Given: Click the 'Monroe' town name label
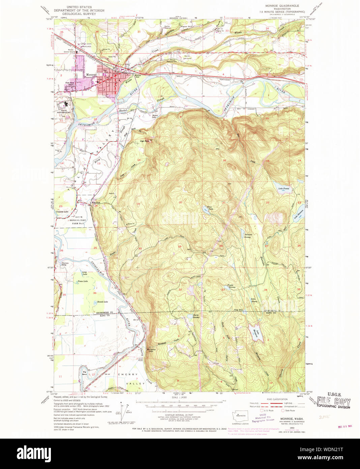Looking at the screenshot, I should [x=91, y=75].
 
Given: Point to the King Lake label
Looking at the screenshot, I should [x=210, y=208].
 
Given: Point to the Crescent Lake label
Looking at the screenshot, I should [x=62, y=212].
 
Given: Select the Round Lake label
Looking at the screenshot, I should [x=102, y=302].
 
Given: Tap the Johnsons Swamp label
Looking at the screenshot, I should [x=248, y=236].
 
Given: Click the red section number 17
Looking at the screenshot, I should [x=181, y=158].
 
